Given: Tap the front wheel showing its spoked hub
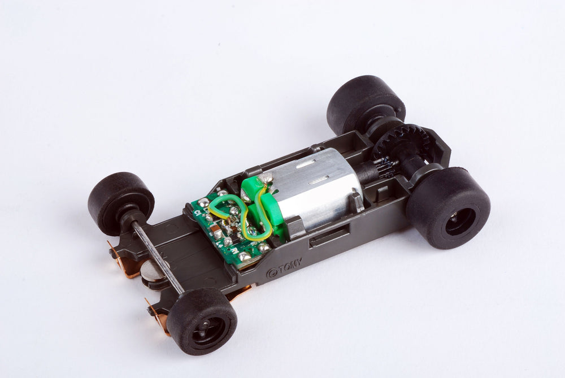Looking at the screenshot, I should (x=201, y=320).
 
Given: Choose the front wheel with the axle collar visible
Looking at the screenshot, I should (x=121, y=202).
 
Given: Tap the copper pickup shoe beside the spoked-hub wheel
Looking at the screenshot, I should (x=159, y=319).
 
